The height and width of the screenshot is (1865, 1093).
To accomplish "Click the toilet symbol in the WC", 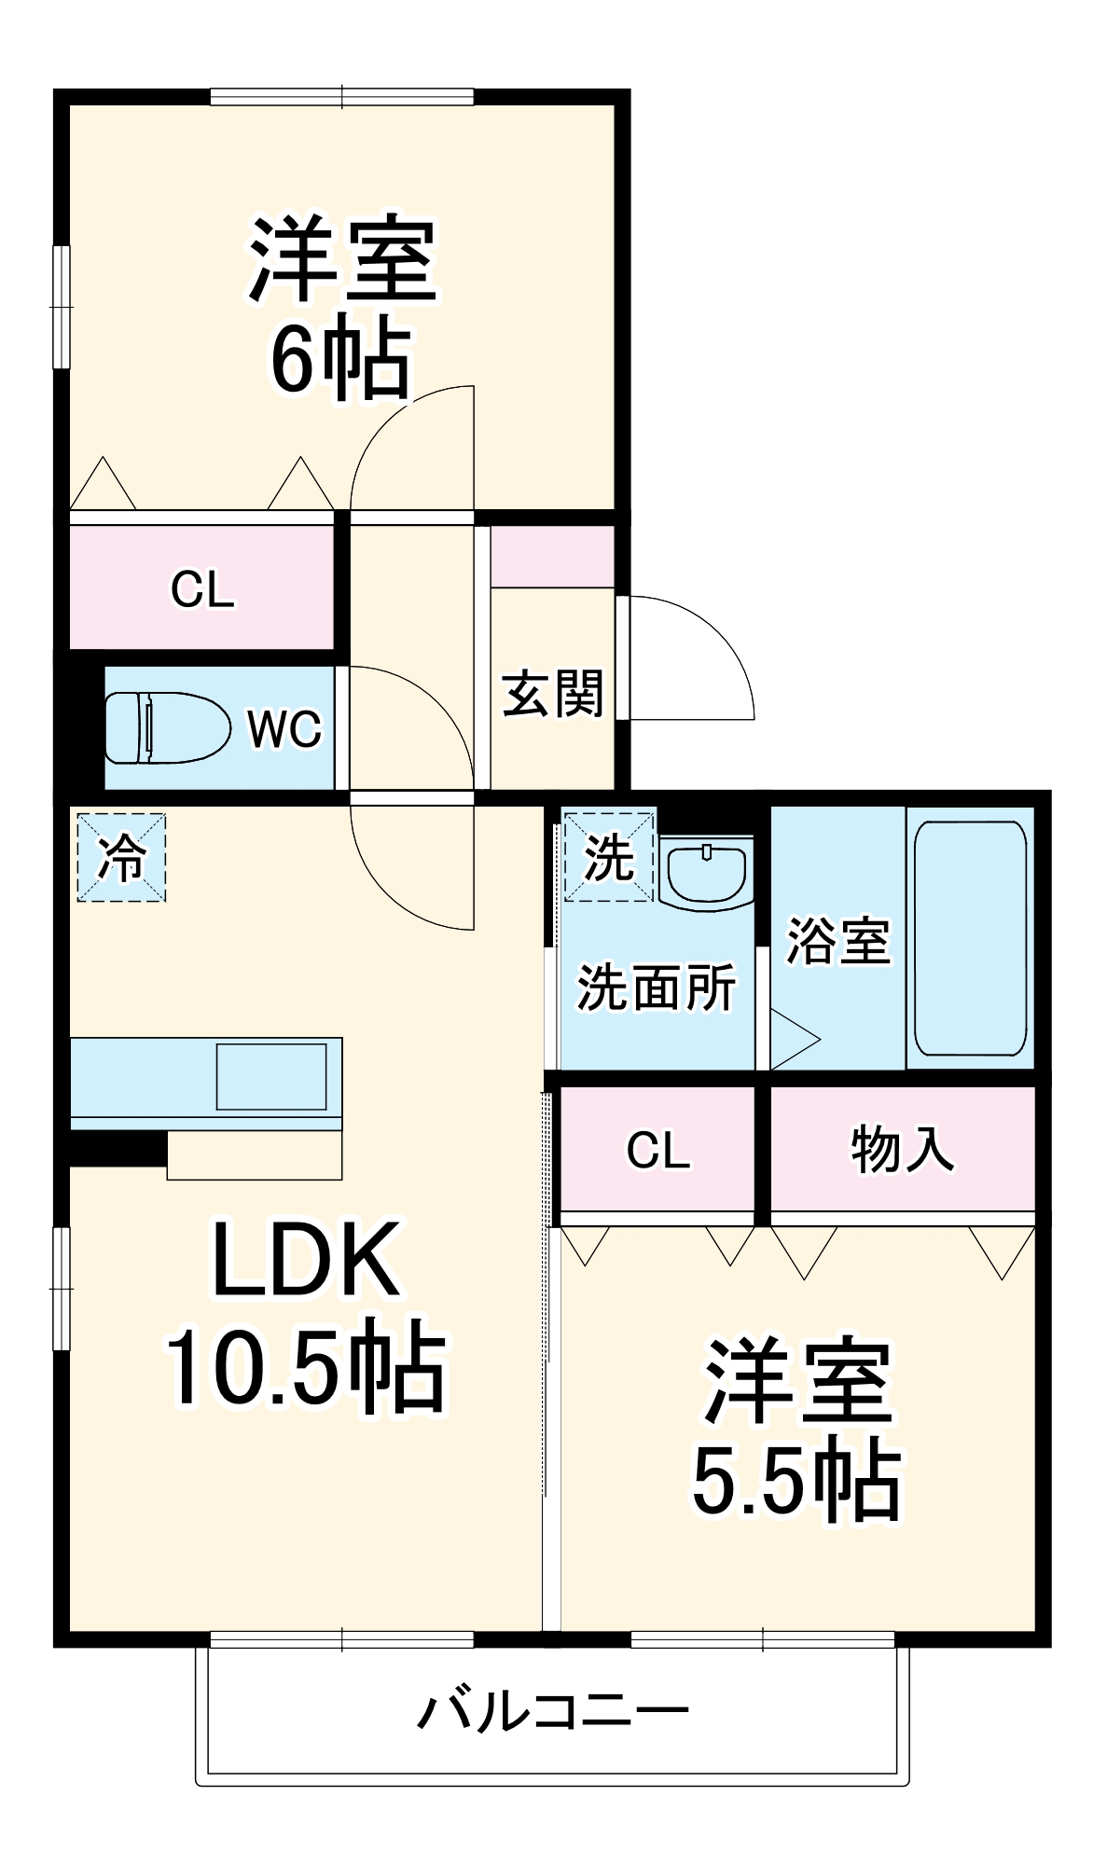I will point(168,727).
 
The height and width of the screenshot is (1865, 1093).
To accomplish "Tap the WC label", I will point(284,729).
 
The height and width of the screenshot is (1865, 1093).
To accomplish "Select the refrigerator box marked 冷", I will point(121,857).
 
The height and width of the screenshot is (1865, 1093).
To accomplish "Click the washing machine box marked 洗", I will point(609,857).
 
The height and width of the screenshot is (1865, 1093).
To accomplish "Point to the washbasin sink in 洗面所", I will point(706,871).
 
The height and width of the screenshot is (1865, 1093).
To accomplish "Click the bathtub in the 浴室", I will point(970,938).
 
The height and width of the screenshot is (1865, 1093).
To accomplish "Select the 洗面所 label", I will point(657,988).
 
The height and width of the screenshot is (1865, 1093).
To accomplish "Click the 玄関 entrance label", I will point(553,694).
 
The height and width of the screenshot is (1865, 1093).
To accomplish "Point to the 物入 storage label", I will point(902,1149).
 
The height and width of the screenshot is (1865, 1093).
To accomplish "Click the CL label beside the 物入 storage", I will point(658,1151).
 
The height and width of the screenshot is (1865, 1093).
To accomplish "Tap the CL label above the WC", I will point(202,589).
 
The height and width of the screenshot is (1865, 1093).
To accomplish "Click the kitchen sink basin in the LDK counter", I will point(271,1076).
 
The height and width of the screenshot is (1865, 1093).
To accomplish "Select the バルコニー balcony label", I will point(552,1711).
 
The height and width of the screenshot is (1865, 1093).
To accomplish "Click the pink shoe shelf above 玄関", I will point(552,557).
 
